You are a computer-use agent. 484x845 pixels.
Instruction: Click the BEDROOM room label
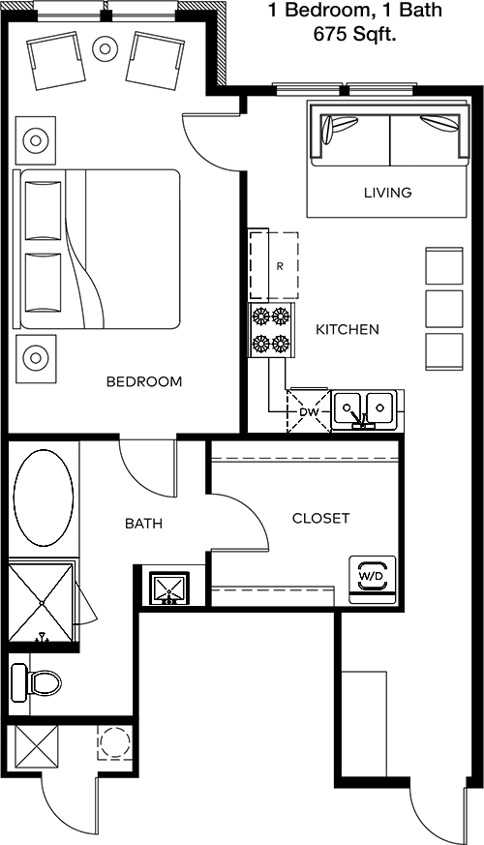pyautogui.click(x=144, y=381)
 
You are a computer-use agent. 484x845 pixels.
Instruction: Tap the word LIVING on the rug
pyautogui.click(x=387, y=192)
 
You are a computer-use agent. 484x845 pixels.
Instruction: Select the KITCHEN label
pyautogui.click(x=348, y=329)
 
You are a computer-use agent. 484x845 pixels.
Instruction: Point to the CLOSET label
pyautogui.click(x=320, y=518)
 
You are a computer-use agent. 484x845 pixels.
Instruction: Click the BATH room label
pyautogui.click(x=144, y=523)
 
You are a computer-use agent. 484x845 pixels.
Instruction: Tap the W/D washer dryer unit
pyautogui.click(x=373, y=578)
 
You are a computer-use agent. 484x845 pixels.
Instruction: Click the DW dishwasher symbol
pyautogui.click(x=308, y=411)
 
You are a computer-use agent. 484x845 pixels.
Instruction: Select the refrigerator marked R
pyautogui.click(x=273, y=264)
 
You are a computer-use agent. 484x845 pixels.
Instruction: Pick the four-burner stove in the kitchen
pyautogui.click(x=271, y=329)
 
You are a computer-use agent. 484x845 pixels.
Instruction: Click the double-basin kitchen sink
pyautogui.click(x=364, y=409)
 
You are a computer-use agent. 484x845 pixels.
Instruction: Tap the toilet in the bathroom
pyautogui.click(x=36, y=682)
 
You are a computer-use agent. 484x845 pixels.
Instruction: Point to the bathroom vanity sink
pyautogui.click(x=169, y=588)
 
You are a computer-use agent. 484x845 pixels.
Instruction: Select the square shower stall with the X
pyautogui.click(x=42, y=601)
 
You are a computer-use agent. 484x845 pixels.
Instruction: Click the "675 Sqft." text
pyautogui.click(x=354, y=35)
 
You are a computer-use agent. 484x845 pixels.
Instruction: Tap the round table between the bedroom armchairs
pyautogui.click(x=106, y=49)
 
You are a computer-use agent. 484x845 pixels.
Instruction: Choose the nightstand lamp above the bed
pyautogui.click(x=36, y=140)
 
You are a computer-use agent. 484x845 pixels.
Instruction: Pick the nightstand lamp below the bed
pyautogui.click(x=36, y=358)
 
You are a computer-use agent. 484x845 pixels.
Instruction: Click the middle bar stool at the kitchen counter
pyautogui.click(x=444, y=309)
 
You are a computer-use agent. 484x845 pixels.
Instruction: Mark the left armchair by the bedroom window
pyautogui.click(x=56, y=60)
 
